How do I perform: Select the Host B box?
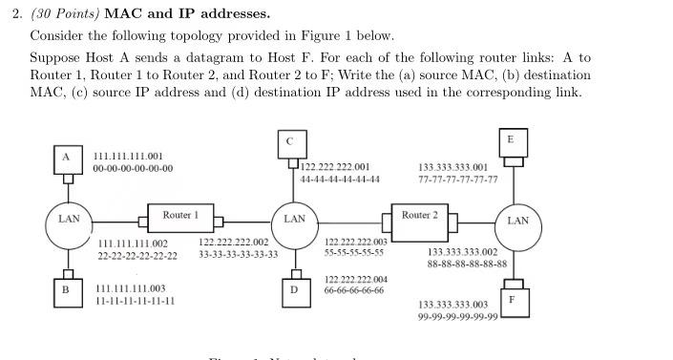(66, 288)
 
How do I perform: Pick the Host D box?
(293, 289)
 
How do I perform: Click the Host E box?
(512, 140)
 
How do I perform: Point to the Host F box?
(513, 299)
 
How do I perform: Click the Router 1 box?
(180, 217)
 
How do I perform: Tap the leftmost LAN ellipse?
(69, 219)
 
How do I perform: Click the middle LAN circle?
(295, 219)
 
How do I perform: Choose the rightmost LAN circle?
(517, 221)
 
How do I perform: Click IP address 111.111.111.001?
(128, 156)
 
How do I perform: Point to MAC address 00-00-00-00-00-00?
(134, 168)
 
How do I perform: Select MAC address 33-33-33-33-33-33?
(239, 255)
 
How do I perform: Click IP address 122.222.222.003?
(355, 243)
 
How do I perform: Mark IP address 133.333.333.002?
(462, 251)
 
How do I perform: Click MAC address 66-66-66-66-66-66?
(355, 290)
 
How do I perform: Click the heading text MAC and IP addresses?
(187, 14)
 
